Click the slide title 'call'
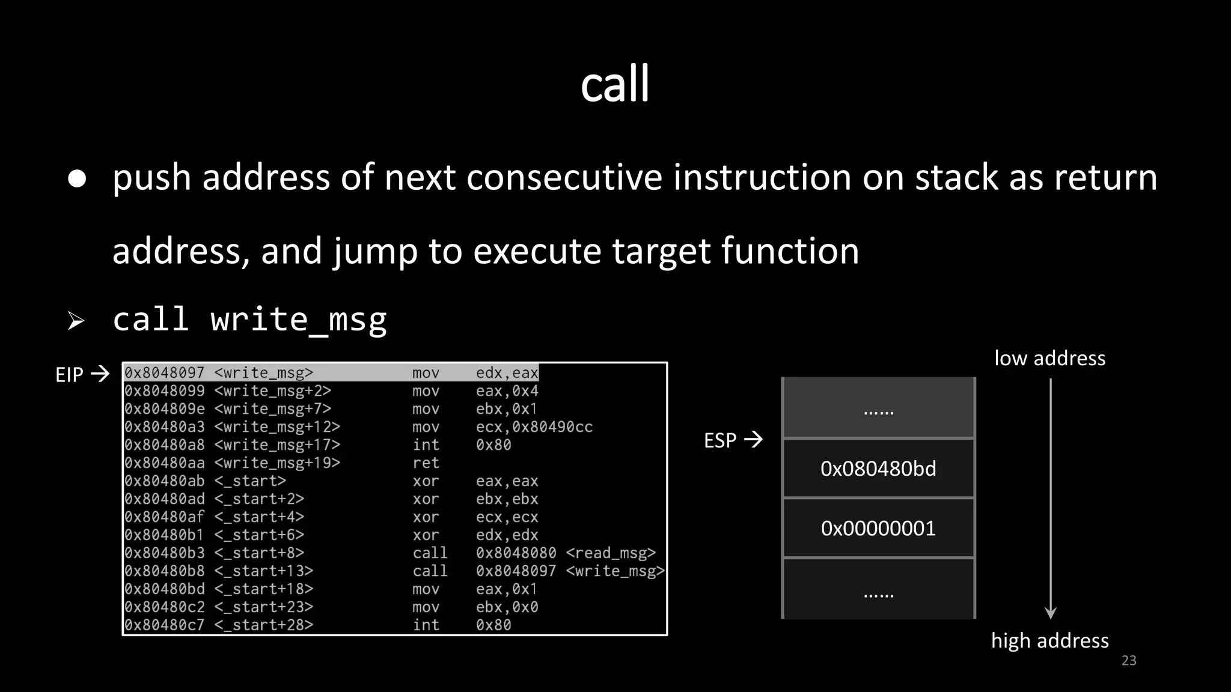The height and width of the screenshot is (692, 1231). (615, 84)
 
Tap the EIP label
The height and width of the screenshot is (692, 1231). (69, 375)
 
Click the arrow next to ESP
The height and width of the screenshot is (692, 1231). (753, 440)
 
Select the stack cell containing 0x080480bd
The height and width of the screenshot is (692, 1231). (878, 469)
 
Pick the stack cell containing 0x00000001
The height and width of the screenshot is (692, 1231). (878, 529)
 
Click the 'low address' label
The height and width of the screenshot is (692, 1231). (1049, 359)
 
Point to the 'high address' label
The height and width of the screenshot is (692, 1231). (1049, 641)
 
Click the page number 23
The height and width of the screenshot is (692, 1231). (1129, 661)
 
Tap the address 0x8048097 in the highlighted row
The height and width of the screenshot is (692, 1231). (165, 373)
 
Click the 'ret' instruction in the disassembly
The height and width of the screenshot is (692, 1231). (426, 463)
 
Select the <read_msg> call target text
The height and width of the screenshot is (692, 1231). (611, 553)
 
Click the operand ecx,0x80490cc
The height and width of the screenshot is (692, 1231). (534, 427)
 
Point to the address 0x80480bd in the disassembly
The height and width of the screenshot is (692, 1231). (165, 589)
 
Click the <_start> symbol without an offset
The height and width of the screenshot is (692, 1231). (250, 481)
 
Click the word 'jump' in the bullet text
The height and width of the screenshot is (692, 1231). (375, 251)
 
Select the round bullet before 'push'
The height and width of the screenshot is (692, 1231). (77, 178)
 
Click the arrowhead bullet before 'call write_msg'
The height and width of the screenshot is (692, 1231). (76, 321)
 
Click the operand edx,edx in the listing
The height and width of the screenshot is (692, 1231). (507, 535)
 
